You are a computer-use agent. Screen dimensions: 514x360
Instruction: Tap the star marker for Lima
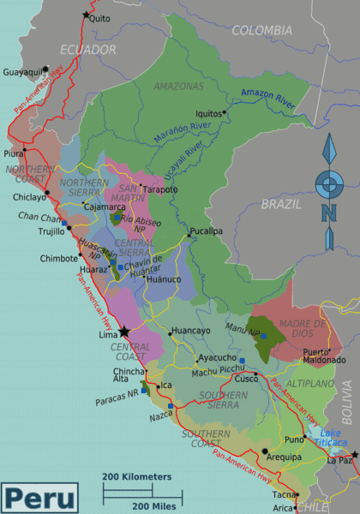coord(124,331)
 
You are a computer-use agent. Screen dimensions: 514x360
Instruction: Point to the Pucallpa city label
coord(207,230)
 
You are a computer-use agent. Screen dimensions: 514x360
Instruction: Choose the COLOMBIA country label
coord(262,31)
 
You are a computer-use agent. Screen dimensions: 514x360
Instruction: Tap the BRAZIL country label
coord(281,205)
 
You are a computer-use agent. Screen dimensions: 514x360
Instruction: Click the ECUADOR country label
coord(87,51)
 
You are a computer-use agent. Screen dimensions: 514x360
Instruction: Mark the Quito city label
coord(99,17)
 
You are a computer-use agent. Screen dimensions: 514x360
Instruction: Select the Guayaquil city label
coord(22,73)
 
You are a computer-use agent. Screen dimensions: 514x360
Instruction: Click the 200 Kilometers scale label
coord(137,476)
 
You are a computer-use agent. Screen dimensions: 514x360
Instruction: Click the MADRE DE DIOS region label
coord(309,328)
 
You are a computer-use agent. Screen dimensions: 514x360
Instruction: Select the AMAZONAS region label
coord(178,87)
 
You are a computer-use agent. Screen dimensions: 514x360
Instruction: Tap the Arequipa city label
coord(283,457)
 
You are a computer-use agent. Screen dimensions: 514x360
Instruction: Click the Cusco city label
coord(247,378)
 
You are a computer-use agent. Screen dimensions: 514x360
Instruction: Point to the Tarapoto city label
coord(159,188)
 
